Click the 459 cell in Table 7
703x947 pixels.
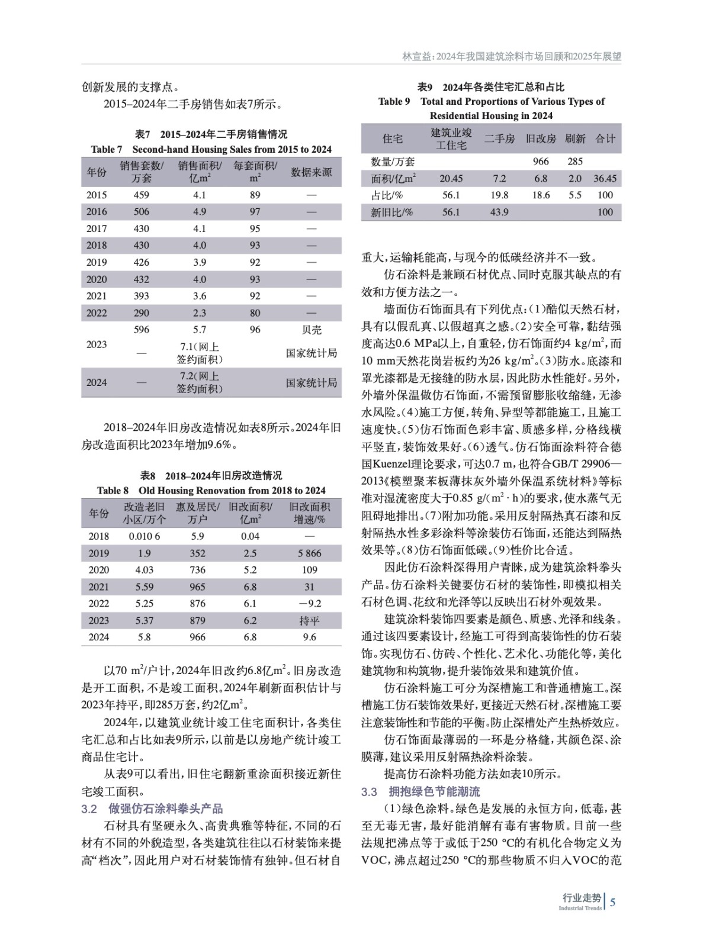pos(142,195)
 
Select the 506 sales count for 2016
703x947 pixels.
pos(142,211)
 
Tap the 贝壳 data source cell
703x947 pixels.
pos(312,330)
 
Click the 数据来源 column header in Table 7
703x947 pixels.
pos(312,172)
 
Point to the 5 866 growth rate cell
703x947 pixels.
pos(309,553)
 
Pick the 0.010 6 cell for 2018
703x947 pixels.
pos(144,536)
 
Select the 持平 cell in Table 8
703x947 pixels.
pos(309,620)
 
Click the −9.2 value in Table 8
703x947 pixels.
pos(309,603)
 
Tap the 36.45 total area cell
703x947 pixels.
pos(605,178)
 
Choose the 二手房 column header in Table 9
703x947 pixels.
pos(499,138)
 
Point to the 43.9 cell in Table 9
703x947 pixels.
pos(499,212)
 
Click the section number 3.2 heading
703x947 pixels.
pos(89,809)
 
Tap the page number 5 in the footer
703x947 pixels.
pos(612,902)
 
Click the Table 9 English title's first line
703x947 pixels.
pos(491,101)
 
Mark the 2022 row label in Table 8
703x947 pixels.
pos(99,603)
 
